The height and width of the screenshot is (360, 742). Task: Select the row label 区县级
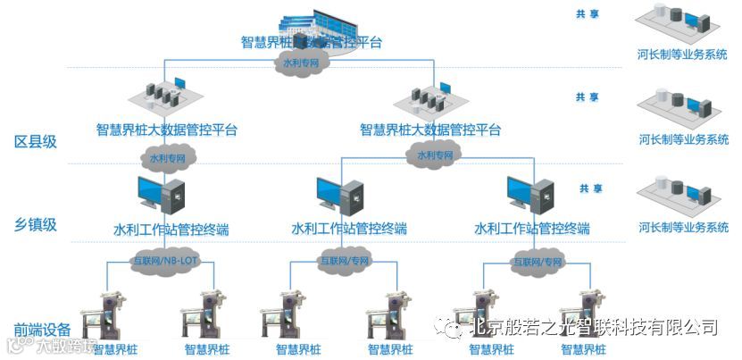pyautogui.click(x=36, y=141)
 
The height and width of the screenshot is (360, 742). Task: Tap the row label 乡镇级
pyautogui.click(x=36, y=224)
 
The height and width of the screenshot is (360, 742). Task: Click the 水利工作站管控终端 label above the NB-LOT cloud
pyautogui.click(x=170, y=230)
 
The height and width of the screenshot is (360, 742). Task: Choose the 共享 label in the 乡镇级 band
pyautogui.click(x=590, y=188)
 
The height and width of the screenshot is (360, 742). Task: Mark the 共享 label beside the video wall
pyautogui.click(x=587, y=14)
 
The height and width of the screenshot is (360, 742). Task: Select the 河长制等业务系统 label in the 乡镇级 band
pyautogui.click(x=684, y=227)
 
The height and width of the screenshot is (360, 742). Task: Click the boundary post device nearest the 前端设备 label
pyautogui.click(x=106, y=317)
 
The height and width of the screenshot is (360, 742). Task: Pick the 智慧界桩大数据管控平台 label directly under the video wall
pyautogui.click(x=312, y=42)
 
